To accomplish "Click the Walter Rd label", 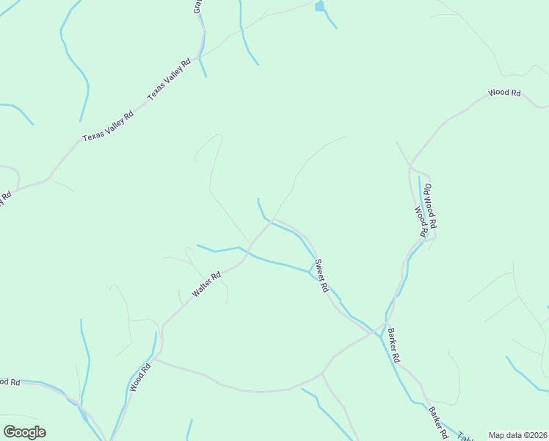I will click(206, 285).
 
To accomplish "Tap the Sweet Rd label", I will click(321, 276).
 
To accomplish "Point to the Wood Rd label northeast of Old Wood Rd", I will click(504, 93).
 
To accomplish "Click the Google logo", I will click(24, 432).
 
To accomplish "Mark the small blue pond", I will click(319, 7).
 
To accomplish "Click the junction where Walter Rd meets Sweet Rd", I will click(272, 219).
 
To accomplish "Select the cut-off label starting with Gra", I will click(197, 6).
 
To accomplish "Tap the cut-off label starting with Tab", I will click(464, 435).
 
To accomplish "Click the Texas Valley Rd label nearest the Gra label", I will click(169, 79).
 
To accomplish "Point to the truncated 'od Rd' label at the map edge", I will click(9, 382).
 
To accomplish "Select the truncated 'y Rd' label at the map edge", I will click(5, 199).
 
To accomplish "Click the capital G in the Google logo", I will click(10, 431).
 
